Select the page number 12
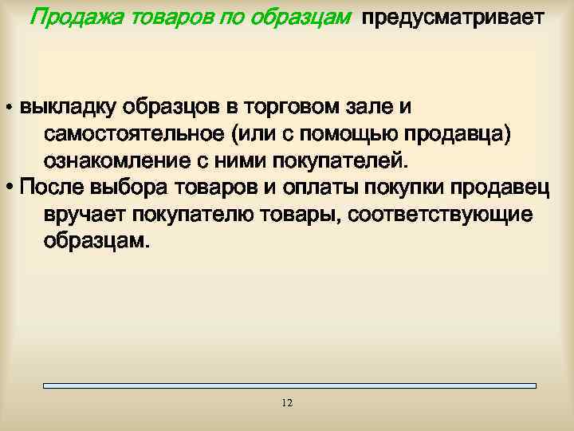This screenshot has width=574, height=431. [x=287, y=403]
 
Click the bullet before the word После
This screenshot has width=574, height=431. [x=9, y=188]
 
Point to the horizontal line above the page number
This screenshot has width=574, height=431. [x=289, y=386]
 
